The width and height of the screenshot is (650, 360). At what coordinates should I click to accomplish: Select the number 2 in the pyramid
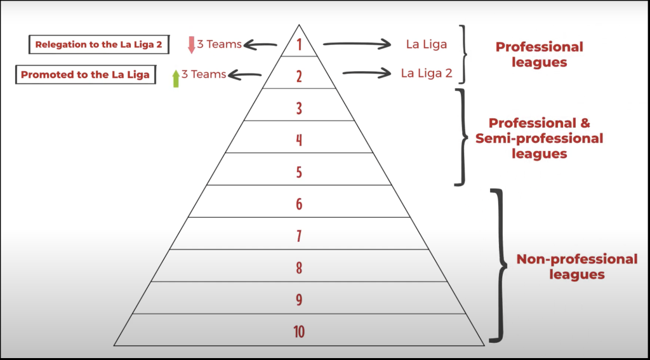click(x=299, y=76)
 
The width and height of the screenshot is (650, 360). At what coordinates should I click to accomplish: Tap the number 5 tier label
click(x=299, y=172)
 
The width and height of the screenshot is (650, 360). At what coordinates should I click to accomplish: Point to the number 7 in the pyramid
click(x=299, y=236)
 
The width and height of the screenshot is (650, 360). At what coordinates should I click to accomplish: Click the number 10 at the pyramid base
click(x=299, y=332)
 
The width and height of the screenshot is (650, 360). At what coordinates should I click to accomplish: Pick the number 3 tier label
click(x=299, y=108)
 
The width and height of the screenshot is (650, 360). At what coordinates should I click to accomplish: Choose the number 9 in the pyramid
click(x=299, y=300)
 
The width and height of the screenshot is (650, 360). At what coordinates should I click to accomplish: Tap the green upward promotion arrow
click(x=176, y=78)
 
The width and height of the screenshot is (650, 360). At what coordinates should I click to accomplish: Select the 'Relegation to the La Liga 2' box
click(x=99, y=44)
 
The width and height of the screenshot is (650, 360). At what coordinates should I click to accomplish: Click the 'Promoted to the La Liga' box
click(x=85, y=75)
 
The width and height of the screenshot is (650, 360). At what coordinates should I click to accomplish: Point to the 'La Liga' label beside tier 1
click(x=427, y=44)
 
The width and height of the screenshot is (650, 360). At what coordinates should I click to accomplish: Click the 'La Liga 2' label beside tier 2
click(x=427, y=73)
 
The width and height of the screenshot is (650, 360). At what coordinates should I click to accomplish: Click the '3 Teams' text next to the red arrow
click(x=220, y=44)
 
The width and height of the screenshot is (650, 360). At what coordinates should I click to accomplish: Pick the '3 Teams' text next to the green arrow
click(x=204, y=74)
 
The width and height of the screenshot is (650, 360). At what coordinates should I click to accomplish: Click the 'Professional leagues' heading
click(x=539, y=55)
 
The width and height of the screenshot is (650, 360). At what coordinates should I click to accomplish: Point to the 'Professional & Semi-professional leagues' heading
click(x=539, y=138)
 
